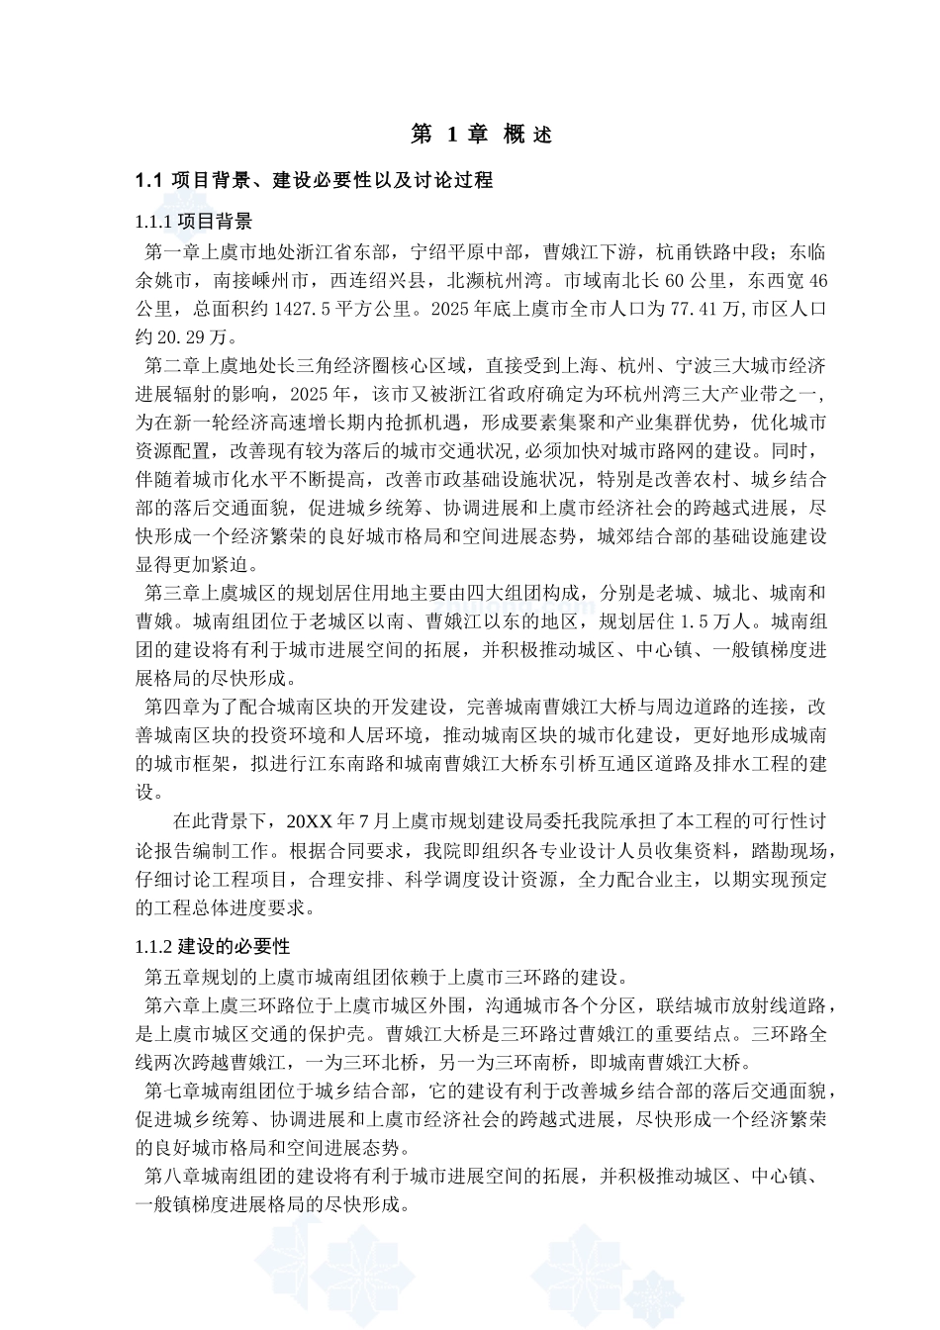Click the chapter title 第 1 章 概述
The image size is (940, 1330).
pyautogui.click(x=481, y=135)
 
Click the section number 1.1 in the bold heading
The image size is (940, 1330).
pyautogui.click(x=147, y=180)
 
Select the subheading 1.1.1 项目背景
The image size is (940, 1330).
pyautogui.click(x=193, y=220)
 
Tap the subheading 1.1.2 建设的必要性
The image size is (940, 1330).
pyautogui.click(x=212, y=946)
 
